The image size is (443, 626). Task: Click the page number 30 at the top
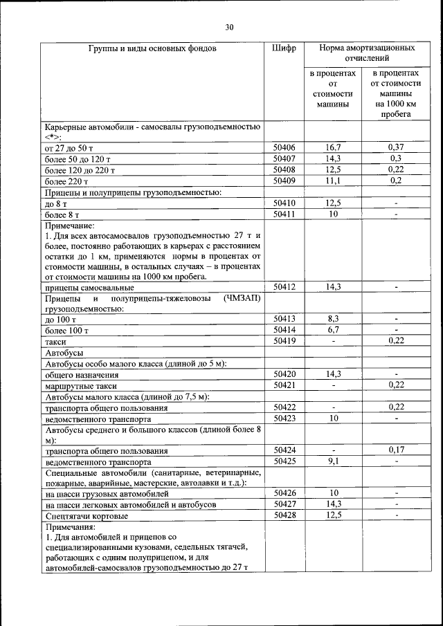[229, 28]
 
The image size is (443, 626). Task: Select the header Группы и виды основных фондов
[152, 49]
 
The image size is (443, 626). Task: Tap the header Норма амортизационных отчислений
[366, 55]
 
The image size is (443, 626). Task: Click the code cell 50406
[284, 147]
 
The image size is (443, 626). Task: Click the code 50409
[284, 181]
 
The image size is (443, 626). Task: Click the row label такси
[55, 342]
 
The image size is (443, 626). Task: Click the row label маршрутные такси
[80, 386]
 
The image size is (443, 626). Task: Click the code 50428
[284, 515]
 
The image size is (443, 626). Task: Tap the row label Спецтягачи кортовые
[86, 516]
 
